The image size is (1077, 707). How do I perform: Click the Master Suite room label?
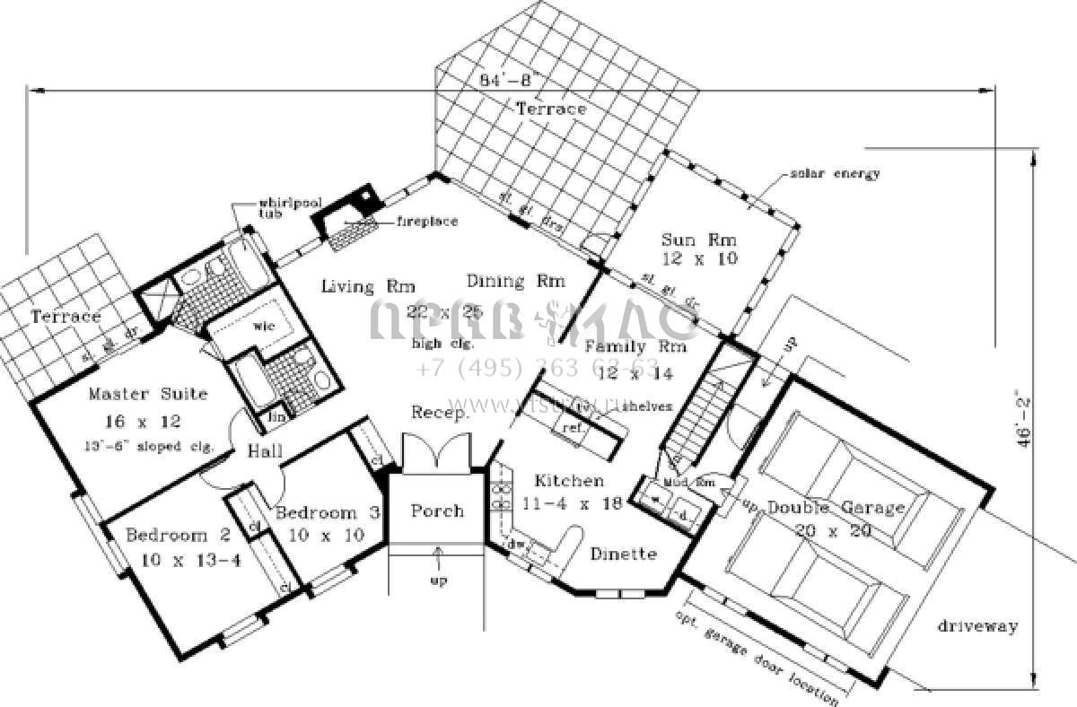point(148,393)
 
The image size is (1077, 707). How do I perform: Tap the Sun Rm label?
point(699,240)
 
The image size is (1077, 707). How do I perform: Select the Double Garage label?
point(836,508)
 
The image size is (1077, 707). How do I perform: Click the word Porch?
point(437,511)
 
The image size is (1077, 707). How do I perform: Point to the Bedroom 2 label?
point(179,536)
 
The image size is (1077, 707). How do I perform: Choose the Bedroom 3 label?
point(328,513)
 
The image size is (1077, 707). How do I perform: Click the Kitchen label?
point(567,481)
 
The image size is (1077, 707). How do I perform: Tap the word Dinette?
point(623,554)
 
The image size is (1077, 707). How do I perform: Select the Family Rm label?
point(635,345)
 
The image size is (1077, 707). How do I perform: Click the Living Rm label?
point(356,287)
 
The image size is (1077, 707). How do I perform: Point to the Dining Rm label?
point(516,281)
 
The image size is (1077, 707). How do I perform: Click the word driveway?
point(977,626)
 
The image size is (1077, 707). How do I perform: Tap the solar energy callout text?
point(830,173)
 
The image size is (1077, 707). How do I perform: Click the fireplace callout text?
point(426,221)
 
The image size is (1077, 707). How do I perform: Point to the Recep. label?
point(440,413)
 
